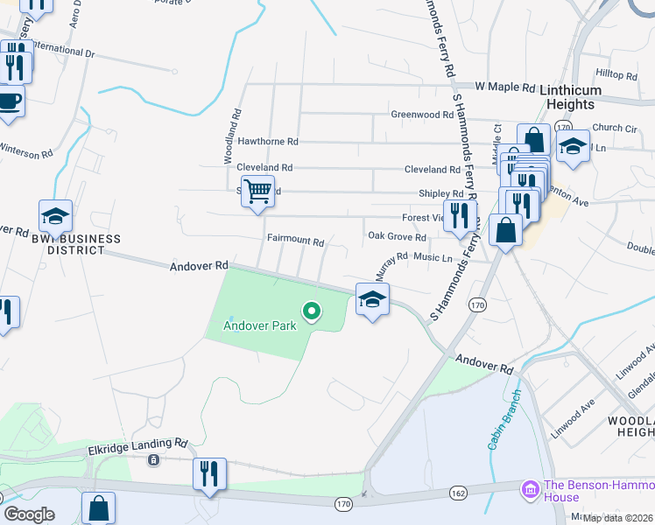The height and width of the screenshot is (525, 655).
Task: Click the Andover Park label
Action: point(259,325)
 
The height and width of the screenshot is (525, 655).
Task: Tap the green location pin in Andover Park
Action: point(310,311)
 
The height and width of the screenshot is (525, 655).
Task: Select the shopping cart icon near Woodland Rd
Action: point(257,192)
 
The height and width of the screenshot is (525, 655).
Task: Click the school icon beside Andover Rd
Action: point(372,299)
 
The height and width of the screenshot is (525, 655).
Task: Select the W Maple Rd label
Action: point(505,87)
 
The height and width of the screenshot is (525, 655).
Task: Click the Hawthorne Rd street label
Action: point(268,141)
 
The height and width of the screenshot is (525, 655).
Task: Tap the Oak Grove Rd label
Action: point(397,237)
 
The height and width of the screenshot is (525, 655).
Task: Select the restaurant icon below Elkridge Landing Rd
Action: point(209,473)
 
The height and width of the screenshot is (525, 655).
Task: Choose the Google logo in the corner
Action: point(29,514)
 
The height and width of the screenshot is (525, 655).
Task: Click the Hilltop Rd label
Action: point(616,76)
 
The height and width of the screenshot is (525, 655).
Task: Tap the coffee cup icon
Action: point(10,101)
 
